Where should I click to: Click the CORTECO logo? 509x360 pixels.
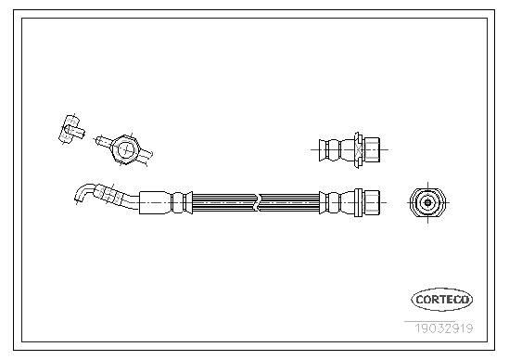click(x=442, y=300)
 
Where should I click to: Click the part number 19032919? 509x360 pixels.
click(x=444, y=328)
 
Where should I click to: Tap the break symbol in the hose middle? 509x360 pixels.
click(x=258, y=203)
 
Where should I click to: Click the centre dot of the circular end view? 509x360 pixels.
click(x=427, y=203)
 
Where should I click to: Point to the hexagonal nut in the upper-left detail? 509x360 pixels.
click(x=125, y=149)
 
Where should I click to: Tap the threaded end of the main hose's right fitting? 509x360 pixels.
click(x=372, y=203)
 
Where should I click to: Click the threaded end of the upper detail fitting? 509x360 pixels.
click(x=372, y=149)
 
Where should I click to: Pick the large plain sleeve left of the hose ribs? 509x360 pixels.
click(x=155, y=203)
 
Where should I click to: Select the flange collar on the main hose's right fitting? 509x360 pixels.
click(x=359, y=203)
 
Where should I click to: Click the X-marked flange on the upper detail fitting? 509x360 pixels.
click(x=359, y=150)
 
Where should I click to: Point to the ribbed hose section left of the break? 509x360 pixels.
click(x=223, y=203)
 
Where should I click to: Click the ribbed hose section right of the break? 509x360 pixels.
click(x=290, y=203)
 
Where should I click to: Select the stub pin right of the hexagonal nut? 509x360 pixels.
click(x=146, y=156)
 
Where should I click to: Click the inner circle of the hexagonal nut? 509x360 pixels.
click(x=126, y=149)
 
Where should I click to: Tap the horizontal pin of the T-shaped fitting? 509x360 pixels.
click(x=75, y=131)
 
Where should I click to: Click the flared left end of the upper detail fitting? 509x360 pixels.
click(x=323, y=149)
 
